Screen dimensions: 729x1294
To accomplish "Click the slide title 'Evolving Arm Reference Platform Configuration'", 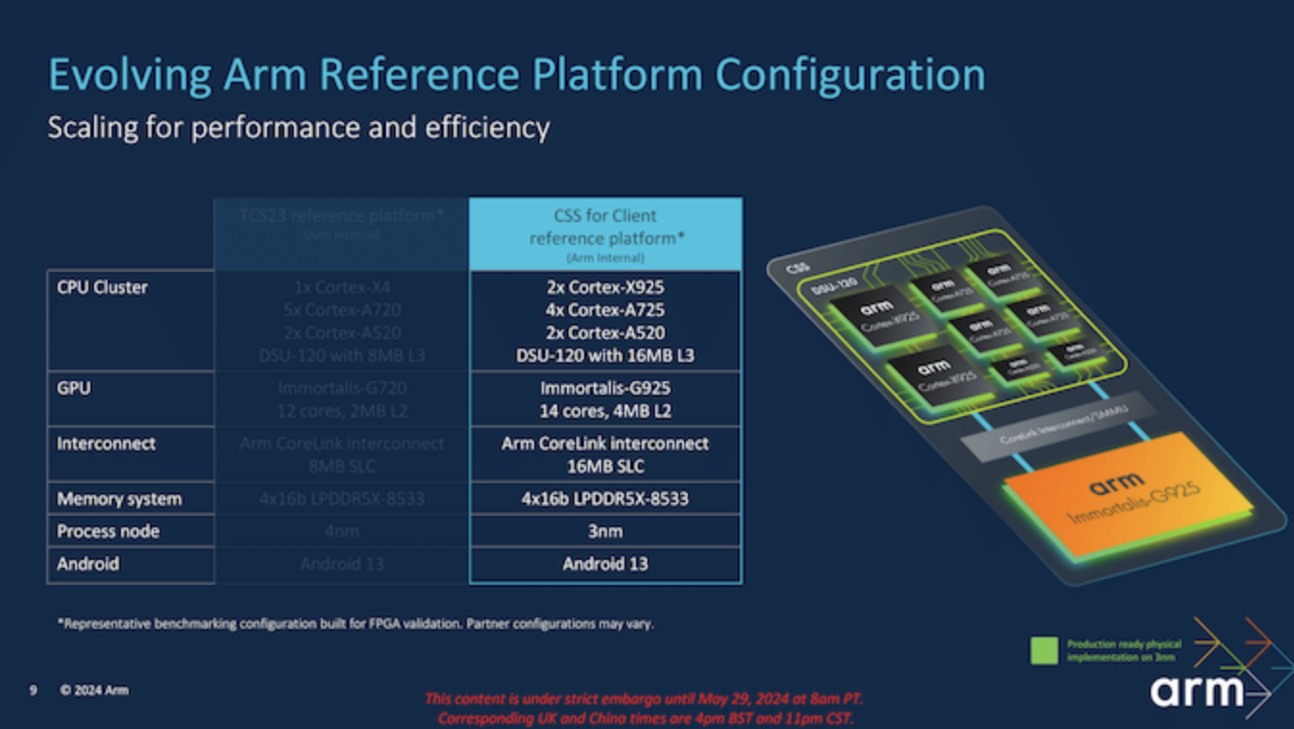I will click(x=516, y=75).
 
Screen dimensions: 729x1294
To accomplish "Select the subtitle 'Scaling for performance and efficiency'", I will click(x=299, y=128).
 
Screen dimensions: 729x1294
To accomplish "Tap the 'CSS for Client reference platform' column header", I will click(x=605, y=232).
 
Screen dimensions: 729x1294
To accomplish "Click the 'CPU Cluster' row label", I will click(x=102, y=287).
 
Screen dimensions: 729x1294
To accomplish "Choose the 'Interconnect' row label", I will click(x=106, y=444).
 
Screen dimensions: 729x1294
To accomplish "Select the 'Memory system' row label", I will click(x=118, y=498).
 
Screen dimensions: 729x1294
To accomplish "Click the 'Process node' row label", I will click(x=108, y=531).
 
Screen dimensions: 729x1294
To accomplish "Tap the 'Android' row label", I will click(x=87, y=564).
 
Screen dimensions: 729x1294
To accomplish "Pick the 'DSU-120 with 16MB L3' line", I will click(x=605, y=355).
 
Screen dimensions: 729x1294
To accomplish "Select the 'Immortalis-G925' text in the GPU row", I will click(x=605, y=388).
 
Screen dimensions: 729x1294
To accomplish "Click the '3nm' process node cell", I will click(x=605, y=531).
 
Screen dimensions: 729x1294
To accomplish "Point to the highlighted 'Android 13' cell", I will click(x=605, y=564).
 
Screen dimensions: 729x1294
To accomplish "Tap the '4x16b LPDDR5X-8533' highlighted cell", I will click(x=605, y=498).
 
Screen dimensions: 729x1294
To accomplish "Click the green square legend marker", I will click(x=1043, y=650).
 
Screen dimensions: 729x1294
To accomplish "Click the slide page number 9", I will click(x=33, y=690).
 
